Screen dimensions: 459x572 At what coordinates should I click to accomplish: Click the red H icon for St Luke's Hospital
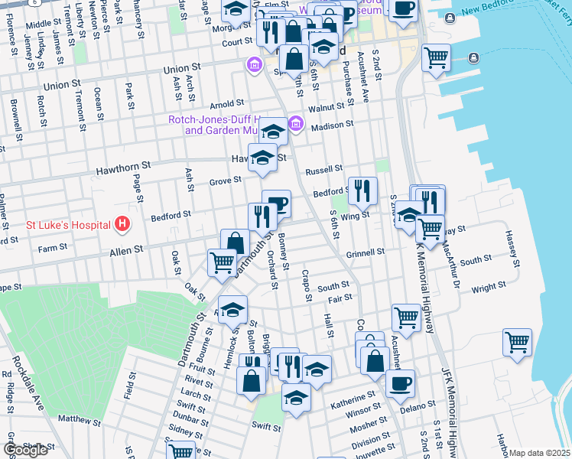(122, 224)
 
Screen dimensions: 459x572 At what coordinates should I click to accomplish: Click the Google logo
(25, 450)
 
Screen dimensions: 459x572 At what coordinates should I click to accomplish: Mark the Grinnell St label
(364, 252)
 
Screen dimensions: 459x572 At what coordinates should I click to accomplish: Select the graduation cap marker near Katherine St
(296, 397)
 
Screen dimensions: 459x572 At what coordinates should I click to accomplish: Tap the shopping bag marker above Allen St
(236, 243)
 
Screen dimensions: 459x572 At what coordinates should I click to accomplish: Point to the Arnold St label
(227, 103)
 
